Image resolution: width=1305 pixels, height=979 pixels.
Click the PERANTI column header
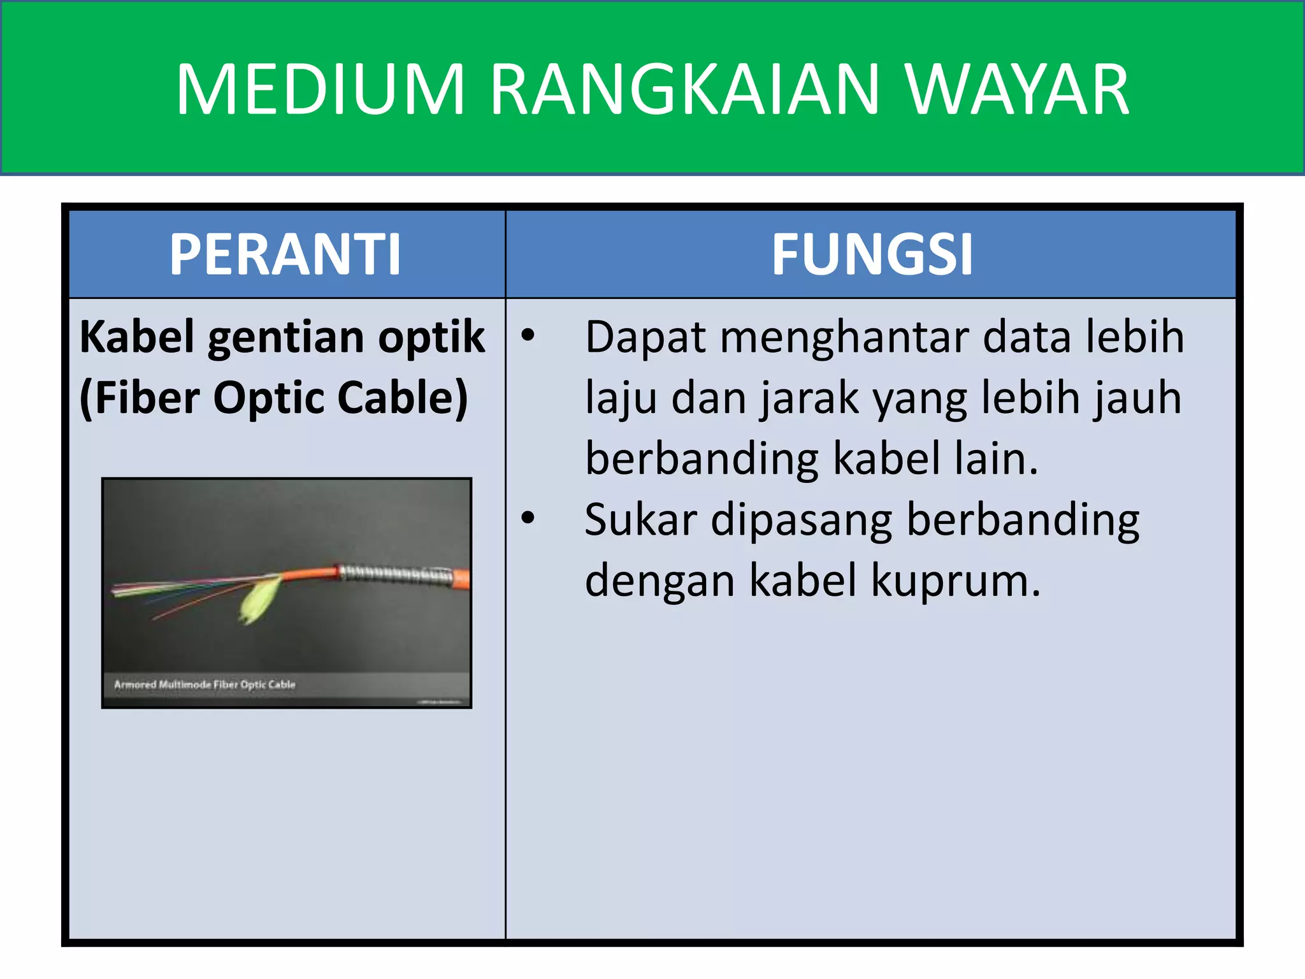click(285, 254)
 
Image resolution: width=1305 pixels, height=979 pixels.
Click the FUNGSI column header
click(872, 254)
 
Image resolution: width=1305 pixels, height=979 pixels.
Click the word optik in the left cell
click(431, 338)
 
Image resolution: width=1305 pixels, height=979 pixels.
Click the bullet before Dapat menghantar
click(528, 334)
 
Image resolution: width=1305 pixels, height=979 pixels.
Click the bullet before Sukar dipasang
click(528, 517)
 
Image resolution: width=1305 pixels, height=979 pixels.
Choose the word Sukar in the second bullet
click(640, 519)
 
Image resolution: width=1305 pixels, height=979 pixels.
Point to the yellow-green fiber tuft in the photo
click(260, 599)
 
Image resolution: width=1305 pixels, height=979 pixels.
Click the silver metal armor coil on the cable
click(395, 574)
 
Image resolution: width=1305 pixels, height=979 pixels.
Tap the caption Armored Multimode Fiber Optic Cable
click(205, 685)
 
